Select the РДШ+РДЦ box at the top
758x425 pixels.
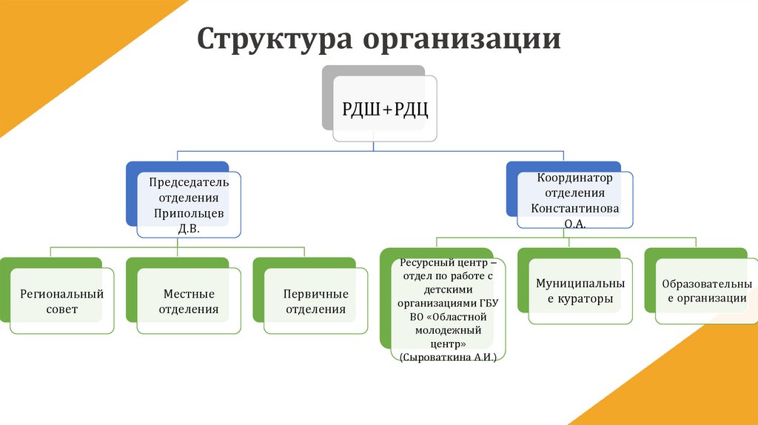[x=385, y=110]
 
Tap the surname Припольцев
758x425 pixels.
[x=189, y=214]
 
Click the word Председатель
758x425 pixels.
[x=189, y=182]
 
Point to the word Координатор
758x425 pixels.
[x=575, y=178]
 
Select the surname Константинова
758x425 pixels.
[x=575, y=208]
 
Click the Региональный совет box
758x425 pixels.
[x=61, y=301]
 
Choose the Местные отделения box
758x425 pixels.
[x=188, y=301]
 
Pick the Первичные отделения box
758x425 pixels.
[x=315, y=301]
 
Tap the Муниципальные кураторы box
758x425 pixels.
[x=580, y=291]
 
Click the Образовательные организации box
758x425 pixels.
[x=707, y=291]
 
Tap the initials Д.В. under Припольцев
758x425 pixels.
[x=189, y=230]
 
